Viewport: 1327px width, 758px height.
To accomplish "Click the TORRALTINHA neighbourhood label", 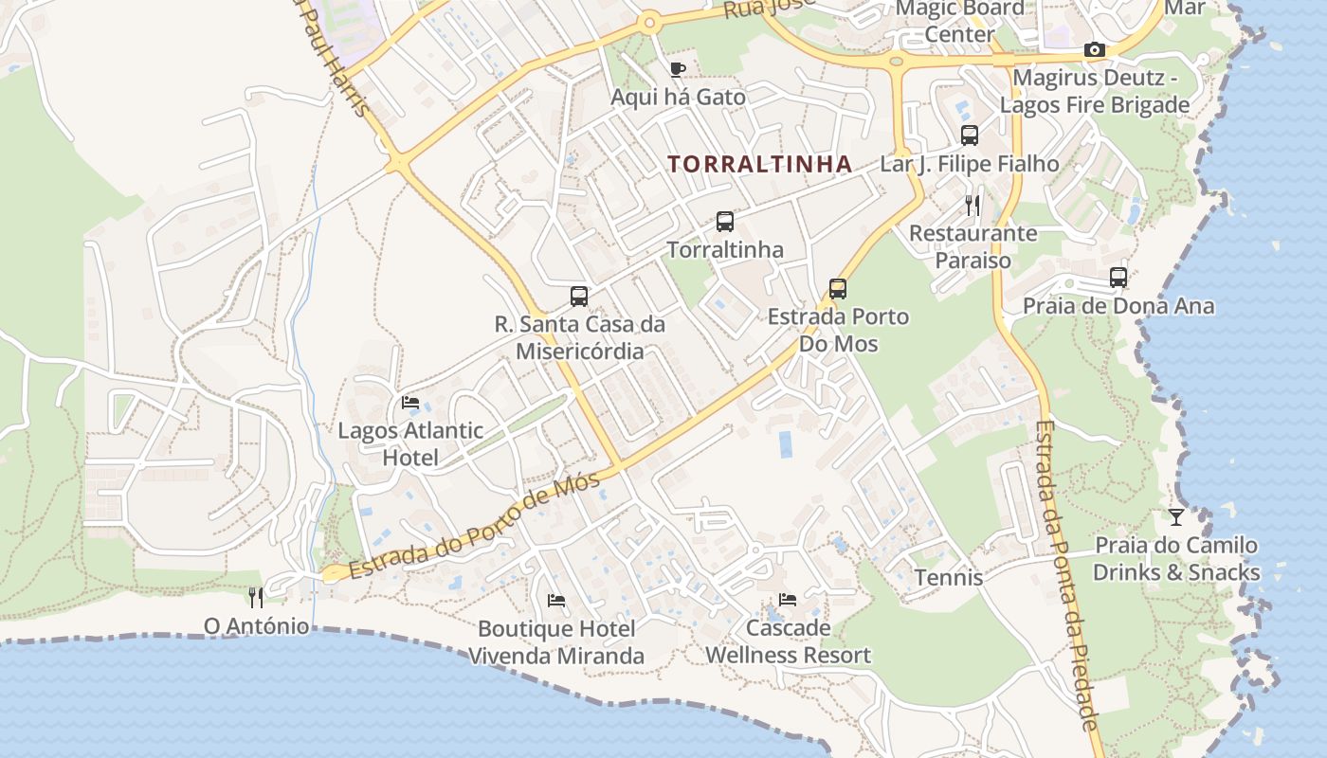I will click(x=759, y=164).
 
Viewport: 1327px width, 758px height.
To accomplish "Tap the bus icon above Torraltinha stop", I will click(x=725, y=222).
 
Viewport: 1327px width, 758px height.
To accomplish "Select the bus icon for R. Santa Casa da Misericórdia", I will click(x=579, y=296).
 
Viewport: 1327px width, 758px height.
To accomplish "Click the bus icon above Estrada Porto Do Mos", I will click(x=837, y=288).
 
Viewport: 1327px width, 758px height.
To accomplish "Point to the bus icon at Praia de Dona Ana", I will click(x=1118, y=278).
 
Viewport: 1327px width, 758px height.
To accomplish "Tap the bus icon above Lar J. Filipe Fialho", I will click(x=970, y=135).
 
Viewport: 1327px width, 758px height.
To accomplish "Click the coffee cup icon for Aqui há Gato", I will click(x=678, y=69).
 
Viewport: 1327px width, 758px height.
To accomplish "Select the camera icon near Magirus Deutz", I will click(x=1094, y=49).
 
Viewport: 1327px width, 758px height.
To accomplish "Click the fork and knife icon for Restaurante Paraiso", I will click(x=973, y=205).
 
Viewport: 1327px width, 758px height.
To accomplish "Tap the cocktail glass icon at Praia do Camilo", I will click(x=1176, y=517).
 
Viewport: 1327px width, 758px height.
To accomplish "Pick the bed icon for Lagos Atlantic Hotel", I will click(x=410, y=403).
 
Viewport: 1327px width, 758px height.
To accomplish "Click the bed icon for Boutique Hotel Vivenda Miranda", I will click(x=556, y=601).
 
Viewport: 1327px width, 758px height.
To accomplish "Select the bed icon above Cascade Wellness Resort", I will click(x=788, y=600).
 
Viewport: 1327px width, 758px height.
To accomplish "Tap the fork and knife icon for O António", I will click(x=255, y=597).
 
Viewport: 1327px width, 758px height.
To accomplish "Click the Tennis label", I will click(x=948, y=577).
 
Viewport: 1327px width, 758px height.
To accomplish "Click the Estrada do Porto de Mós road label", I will click(x=474, y=526).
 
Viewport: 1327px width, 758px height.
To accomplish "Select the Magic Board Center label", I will click(x=960, y=21).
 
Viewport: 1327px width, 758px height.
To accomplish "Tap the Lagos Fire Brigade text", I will click(x=1095, y=104).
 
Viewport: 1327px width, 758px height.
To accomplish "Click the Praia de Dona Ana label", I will click(x=1118, y=306).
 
